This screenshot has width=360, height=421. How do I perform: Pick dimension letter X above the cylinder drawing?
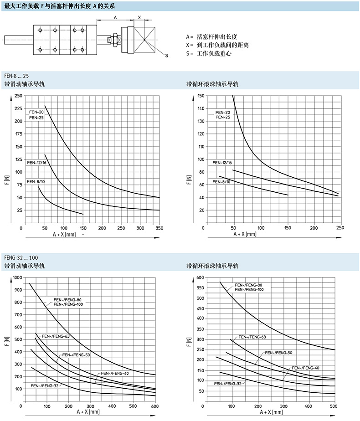pos(139,17)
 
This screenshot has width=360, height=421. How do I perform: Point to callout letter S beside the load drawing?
pos(166,56)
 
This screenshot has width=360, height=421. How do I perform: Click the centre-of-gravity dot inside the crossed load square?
pos(144,40)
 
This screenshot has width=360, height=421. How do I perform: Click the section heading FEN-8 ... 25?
pos(16,75)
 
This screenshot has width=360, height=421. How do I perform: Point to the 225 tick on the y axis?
pos(18,108)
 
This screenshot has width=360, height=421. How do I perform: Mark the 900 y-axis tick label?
pos(18,290)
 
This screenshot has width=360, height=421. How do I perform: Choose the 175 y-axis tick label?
pos(18,134)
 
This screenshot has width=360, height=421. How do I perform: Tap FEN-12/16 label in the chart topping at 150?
pos(222,162)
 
